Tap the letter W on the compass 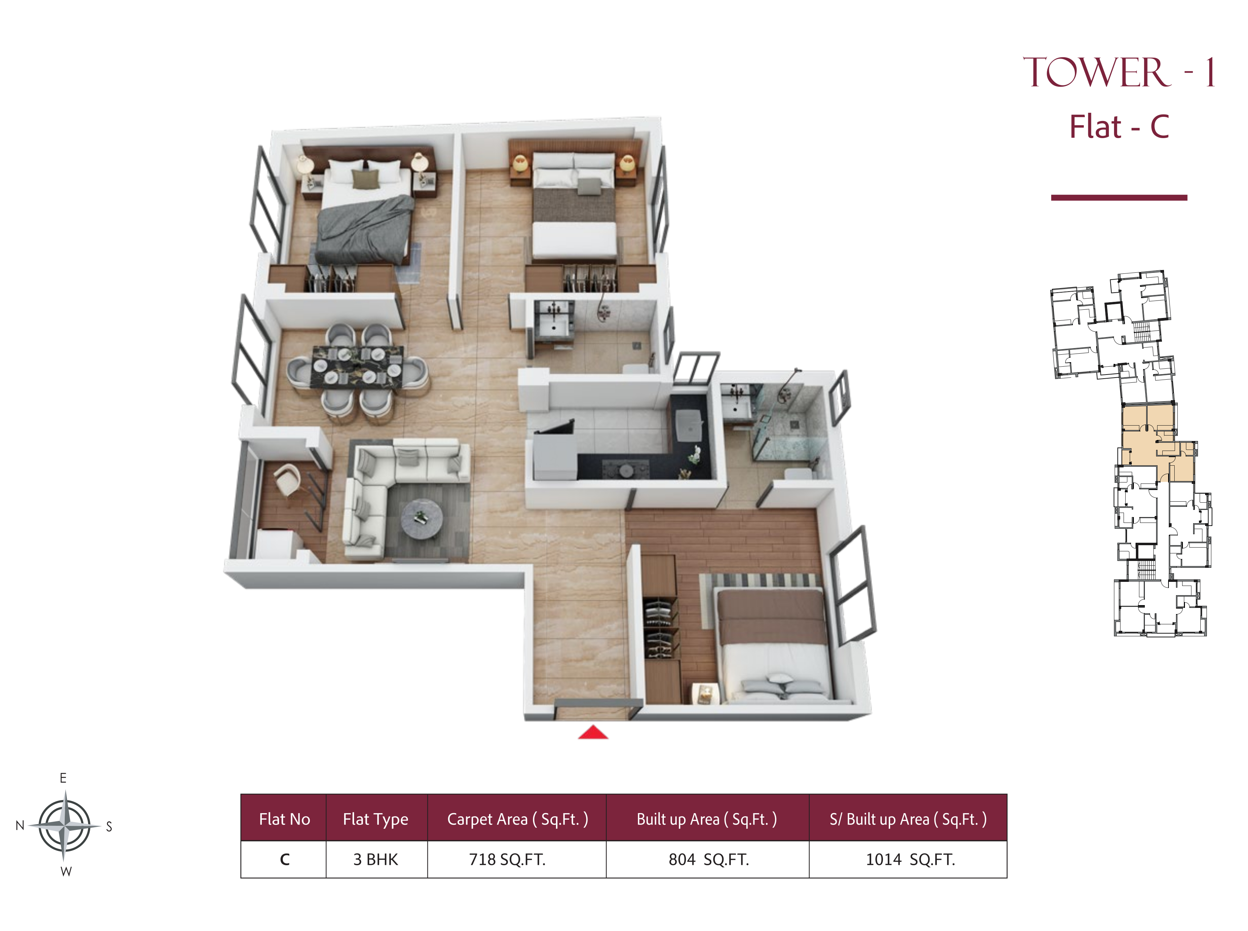pyautogui.click(x=66, y=871)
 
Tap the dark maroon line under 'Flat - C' pyautogui.click(x=1118, y=197)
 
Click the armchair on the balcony pyautogui.click(x=289, y=480)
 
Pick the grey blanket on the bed pyautogui.click(x=364, y=228)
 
